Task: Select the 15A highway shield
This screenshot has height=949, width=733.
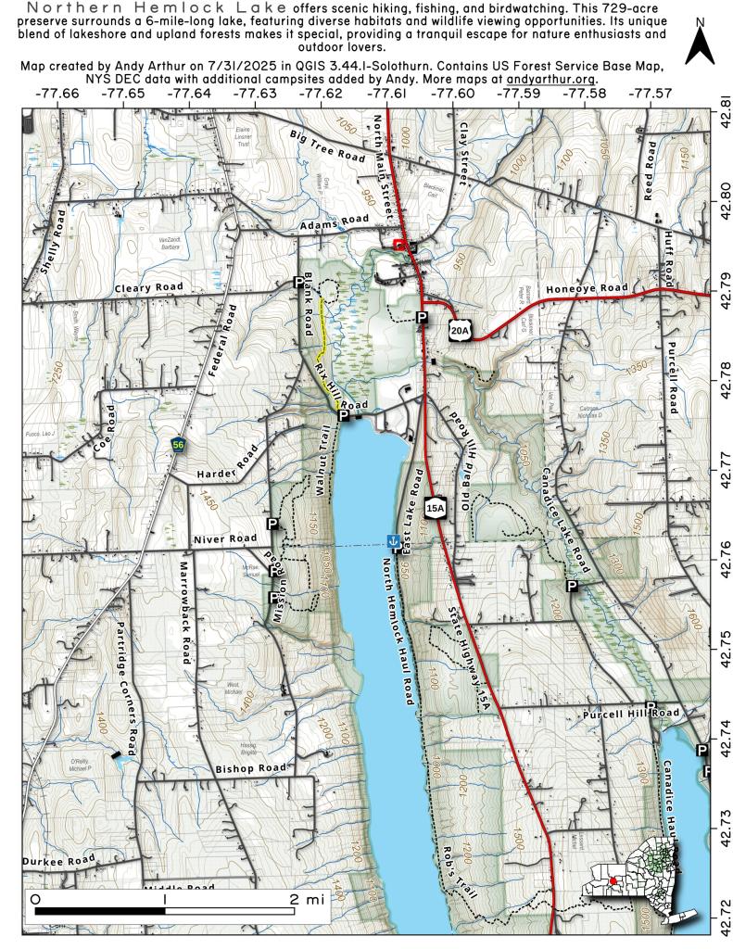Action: (436, 507)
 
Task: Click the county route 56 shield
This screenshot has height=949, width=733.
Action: (176, 446)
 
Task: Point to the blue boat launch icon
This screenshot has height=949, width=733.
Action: (394, 540)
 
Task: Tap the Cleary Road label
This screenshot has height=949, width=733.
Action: (148, 288)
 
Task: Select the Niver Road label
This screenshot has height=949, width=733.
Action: (224, 538)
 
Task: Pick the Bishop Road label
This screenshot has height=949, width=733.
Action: (250, 768)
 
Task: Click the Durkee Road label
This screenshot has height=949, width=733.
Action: (60, 861)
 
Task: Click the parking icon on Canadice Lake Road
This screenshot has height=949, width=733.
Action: (572, 586)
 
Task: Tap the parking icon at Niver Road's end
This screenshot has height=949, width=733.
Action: (273, 525)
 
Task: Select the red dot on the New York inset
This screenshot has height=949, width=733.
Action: (613, 880)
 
